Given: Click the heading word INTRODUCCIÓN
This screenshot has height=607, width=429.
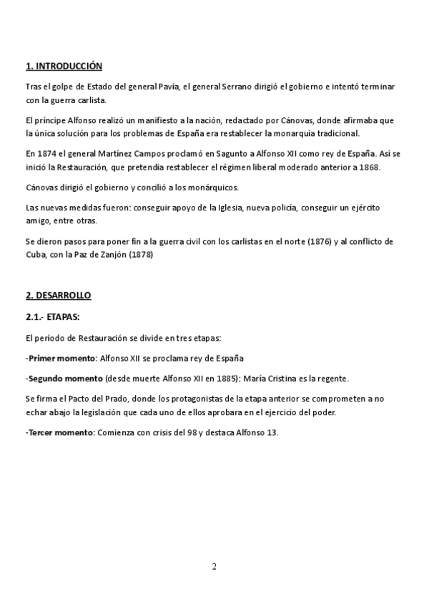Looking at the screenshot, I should coord(70,67).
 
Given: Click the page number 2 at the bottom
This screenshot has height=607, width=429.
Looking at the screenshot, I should coord(214,567).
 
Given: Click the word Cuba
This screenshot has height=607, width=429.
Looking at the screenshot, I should coord(35,254).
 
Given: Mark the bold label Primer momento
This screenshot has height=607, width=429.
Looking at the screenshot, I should coord(61,357).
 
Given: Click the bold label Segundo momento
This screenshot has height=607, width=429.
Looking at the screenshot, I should coord(65,378).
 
